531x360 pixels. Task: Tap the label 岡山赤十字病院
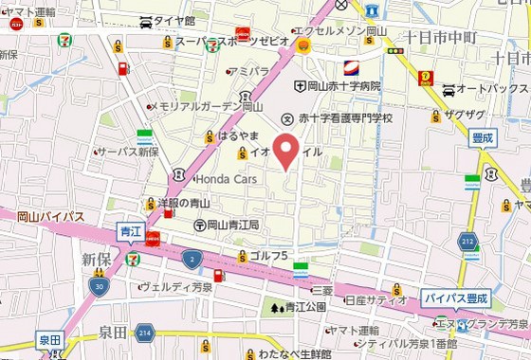coord(343,86)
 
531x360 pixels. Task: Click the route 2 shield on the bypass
coord(192,259)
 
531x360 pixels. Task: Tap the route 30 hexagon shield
coord(99,284)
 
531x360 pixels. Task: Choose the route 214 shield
coord(144,333)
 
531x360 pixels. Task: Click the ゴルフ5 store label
coord(267,256)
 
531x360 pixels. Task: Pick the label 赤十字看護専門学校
coord(345,117)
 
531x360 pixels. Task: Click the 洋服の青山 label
coord(183,203)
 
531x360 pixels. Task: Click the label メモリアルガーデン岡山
coord(205,107)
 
